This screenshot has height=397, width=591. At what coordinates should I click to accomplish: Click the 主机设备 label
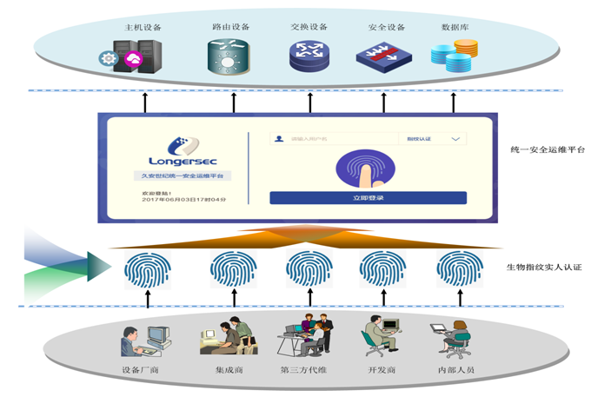coord(143,28)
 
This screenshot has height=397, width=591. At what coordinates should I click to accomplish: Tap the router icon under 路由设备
coord(229,56)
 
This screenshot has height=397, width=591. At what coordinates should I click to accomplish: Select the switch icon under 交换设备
coord(309,56)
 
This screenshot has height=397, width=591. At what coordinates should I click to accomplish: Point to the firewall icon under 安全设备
coord(382,56)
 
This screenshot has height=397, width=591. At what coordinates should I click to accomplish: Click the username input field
coord(335,138)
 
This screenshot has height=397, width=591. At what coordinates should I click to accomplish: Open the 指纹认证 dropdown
coord(433,138)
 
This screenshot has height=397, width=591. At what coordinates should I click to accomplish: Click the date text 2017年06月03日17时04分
coord(183,200)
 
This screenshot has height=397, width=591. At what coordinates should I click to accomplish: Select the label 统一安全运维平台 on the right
coord(535,149)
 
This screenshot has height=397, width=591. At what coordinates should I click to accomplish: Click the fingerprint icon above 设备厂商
coord(147,268)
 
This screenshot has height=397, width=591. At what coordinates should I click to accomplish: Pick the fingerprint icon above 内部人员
coord(458,268)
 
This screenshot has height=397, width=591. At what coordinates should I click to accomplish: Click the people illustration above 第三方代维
coord(305,335)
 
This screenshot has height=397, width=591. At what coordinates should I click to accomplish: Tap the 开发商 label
coord(382,372)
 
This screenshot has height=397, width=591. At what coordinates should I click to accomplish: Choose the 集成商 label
coord(229,372)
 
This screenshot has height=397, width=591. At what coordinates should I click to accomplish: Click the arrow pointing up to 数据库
coord(453,102)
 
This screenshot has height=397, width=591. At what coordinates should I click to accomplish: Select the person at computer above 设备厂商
coord(143,339)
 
